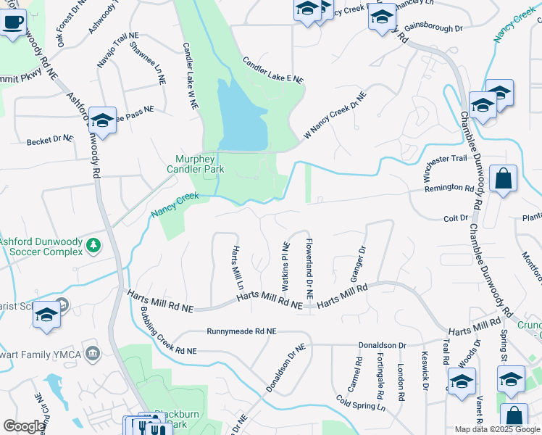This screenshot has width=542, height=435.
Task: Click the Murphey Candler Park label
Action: [199, 164]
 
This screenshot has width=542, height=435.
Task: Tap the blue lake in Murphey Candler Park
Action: [241, 116]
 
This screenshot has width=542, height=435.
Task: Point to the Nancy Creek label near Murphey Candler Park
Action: [175, 204]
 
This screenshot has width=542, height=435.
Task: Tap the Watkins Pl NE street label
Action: [284, 264]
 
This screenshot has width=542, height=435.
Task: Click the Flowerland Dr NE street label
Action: [309, 269]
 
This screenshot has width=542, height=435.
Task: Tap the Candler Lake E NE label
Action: [272, 70]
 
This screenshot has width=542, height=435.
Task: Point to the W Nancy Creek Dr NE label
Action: [335, 115]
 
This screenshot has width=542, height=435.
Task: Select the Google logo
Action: [23, 426]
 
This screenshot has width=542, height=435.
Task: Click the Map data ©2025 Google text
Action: [496, 429]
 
